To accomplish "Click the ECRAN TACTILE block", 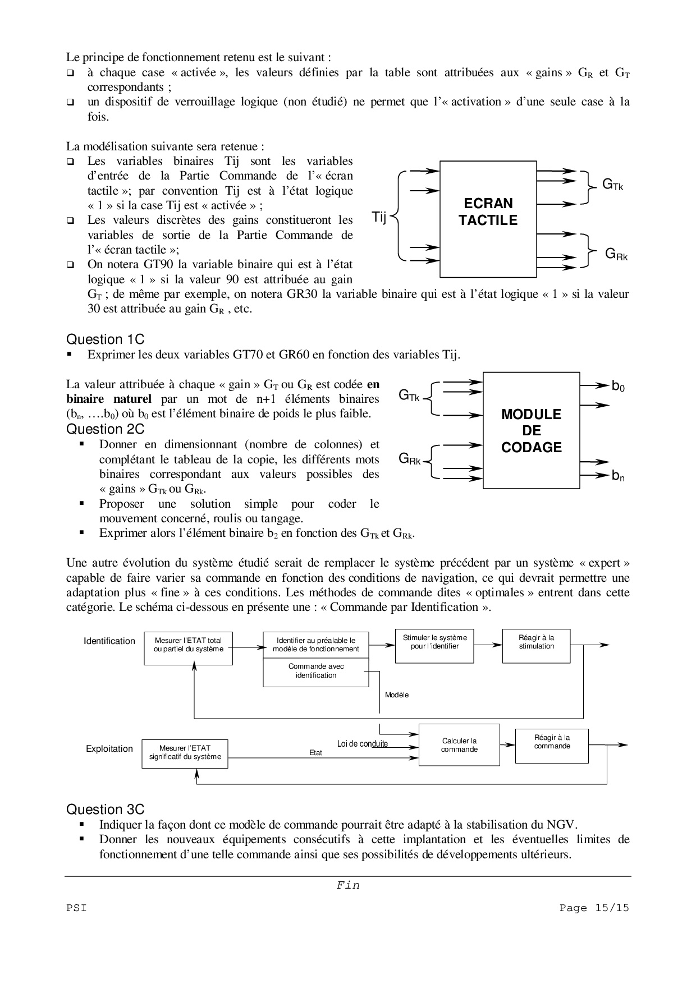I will [488, 219].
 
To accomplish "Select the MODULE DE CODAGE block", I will [531, 430].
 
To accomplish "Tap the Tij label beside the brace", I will [379, 217].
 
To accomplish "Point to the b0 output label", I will [618, 387].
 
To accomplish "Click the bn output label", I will [618, 477].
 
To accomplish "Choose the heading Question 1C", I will [105, 339].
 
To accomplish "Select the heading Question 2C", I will [105, 429].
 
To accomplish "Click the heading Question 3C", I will [105, 810].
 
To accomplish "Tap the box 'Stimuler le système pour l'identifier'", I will [434, 645].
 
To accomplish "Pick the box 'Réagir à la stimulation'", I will [536, 645].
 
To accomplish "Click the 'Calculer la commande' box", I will [459, 745].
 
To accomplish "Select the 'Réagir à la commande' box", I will [552, 745].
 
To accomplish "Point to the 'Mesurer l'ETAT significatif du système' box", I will [185, 753].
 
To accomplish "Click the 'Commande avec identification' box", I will [316, 671].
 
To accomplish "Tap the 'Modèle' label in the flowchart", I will [397, 695].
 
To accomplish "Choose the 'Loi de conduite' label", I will [363, 744].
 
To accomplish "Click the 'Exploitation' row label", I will [109, 749].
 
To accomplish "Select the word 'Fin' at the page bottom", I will [348, 885].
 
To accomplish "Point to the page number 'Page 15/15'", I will [594, 908].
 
